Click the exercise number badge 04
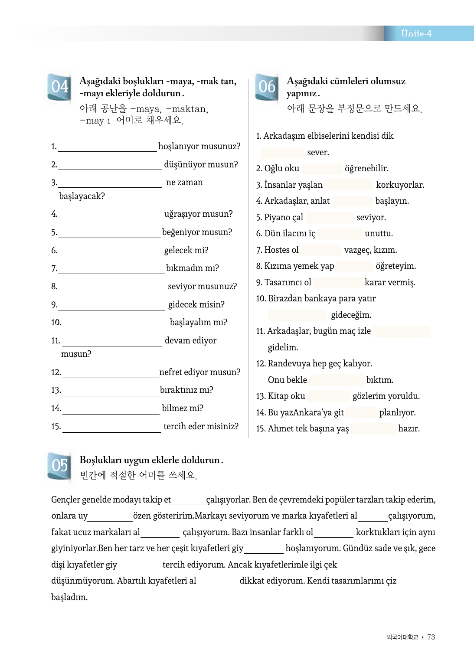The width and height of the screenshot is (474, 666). tap(59, 87)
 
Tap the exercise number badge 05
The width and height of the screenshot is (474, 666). tap(59, 466)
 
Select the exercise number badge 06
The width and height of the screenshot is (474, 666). tap(267, 87)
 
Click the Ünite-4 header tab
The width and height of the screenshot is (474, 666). tap(416, 33)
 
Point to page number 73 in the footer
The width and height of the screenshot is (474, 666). tap(431, 637)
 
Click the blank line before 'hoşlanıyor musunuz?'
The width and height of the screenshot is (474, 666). tap(107, 147)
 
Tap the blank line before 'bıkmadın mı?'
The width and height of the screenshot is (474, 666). tap(111, 269)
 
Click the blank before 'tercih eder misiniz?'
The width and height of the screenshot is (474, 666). tap(111, 428)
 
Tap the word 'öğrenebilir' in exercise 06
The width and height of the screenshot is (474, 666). tap(366, 168)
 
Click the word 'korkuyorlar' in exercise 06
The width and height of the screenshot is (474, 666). tap(399, 185)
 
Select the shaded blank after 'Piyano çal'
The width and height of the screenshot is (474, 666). tap(330, 218)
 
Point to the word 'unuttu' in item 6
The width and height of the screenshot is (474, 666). tap(378, 234)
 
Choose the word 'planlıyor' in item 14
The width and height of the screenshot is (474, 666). tap(397, 413)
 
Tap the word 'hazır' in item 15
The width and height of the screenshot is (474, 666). tap(409, 429)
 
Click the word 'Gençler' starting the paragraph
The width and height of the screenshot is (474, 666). tap(65, 500)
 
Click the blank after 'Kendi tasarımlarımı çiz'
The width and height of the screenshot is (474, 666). tap(416, 582)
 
